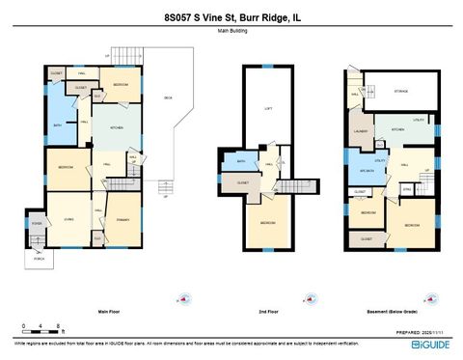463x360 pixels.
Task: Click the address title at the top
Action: pos(231,16)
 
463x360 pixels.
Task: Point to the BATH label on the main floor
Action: pos(58,125)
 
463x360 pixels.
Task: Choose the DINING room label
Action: pos(123,219)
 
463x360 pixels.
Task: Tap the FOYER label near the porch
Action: pos(37,224)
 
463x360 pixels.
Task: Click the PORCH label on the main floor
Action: pos(40,259)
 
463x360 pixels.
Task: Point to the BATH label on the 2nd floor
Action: pos(241,161)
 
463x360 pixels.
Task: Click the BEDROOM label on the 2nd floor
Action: pos(266,223)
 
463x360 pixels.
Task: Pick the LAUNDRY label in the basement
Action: pos(362,130)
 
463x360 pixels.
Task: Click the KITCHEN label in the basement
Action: pos(396,127)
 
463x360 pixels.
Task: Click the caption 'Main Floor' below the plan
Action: pos(109,312)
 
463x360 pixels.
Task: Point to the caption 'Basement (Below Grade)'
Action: pos(391,312)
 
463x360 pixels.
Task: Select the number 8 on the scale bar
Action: pos(60,326)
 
